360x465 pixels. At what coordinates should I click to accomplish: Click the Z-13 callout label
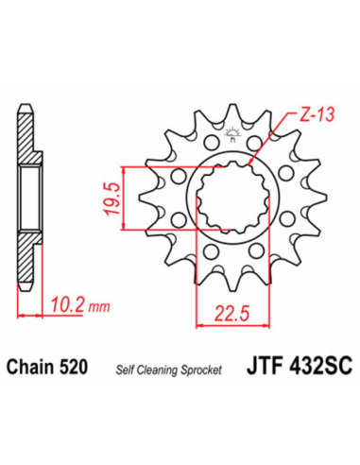click(317, 114)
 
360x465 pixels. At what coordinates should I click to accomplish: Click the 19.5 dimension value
click(111, 198)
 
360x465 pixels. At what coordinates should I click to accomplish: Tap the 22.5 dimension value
click(232, 314)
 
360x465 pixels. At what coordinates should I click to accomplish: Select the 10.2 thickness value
click(67, 304)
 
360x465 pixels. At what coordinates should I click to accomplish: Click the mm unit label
click(99, 306)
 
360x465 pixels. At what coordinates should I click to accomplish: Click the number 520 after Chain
click(73, 367)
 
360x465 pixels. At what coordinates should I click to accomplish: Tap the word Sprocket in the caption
click(201, 370)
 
